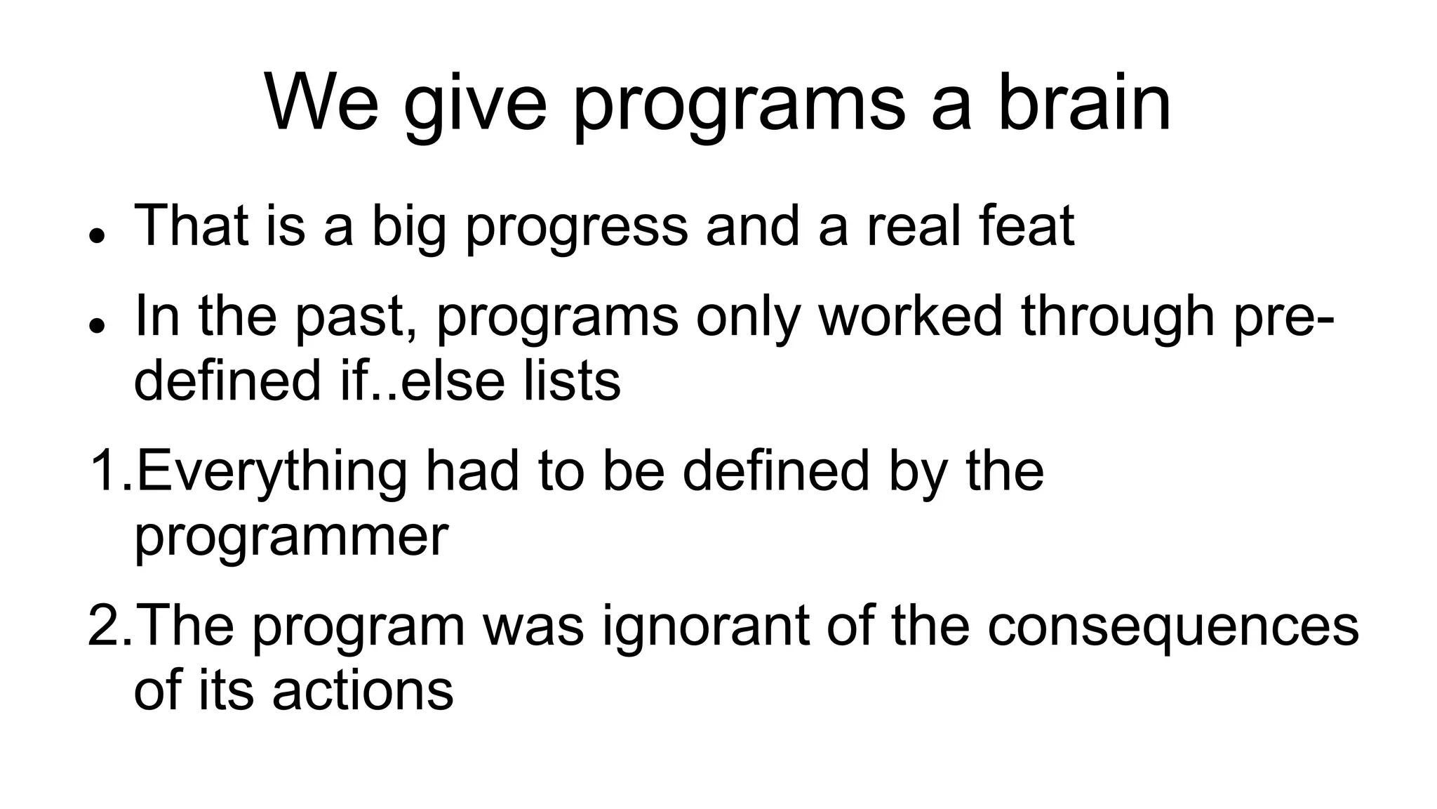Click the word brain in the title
click(1083, 104)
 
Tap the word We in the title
click(322, 104)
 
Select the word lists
click(571, 381)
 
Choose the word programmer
click(290, 538)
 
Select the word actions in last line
click(363, 691)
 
